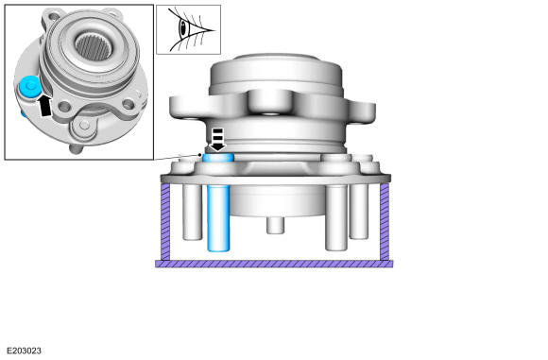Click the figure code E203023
[24, 351]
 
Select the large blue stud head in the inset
[29, 86]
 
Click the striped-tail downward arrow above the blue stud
[217, 140]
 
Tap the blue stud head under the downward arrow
[218, 158]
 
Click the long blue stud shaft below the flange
[218, 217]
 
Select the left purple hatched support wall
[165, 222]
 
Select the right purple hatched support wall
[385, 222]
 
